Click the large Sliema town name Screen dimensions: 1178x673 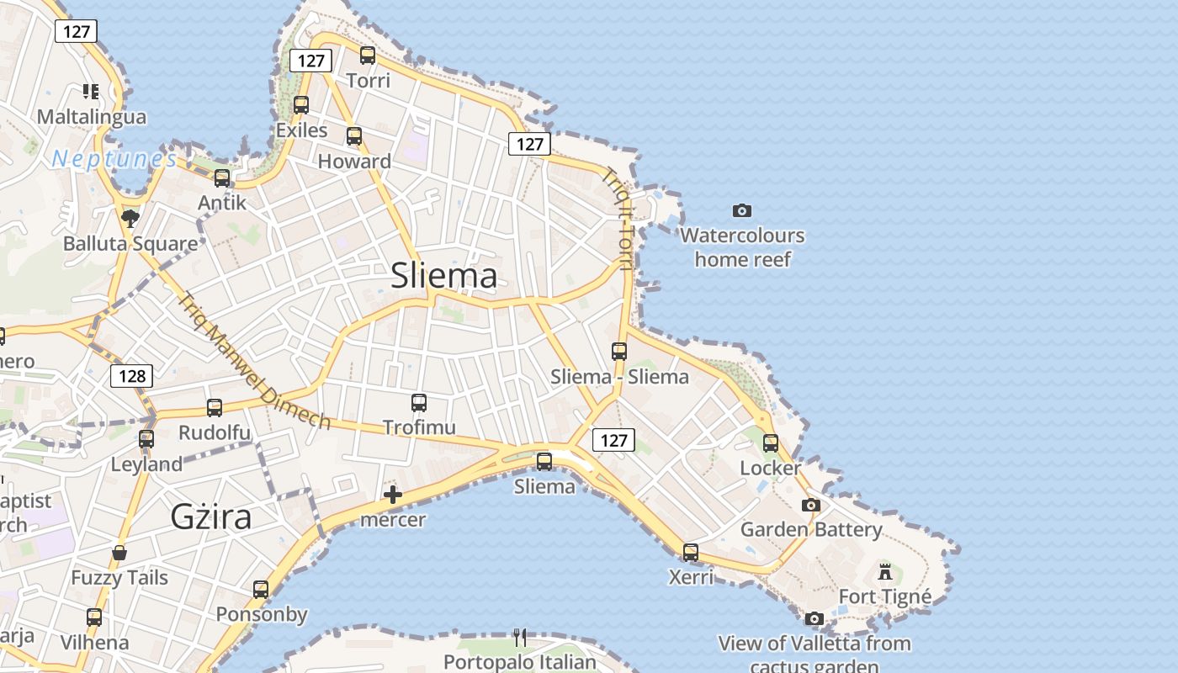443,276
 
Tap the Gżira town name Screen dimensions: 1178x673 210,516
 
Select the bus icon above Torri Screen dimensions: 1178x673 368,56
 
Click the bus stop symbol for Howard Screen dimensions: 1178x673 354,136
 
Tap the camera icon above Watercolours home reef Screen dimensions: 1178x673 741,210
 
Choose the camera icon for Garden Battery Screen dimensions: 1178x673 810,506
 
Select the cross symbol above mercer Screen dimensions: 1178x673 392,495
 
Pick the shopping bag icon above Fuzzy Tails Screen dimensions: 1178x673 119,553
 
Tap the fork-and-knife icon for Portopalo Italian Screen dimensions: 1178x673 520,637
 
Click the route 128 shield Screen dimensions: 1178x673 132,376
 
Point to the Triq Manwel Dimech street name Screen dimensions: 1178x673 253,359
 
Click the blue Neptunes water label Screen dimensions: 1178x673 114,159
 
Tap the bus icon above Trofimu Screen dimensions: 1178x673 419,403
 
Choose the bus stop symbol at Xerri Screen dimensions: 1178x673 690,553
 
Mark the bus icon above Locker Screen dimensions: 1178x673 771,443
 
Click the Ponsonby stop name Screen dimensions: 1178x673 262,614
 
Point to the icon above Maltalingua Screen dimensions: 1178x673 91,91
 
